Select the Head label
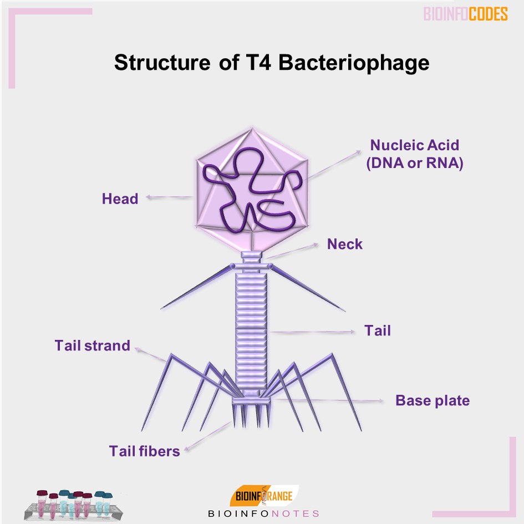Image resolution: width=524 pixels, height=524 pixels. pos(120,198)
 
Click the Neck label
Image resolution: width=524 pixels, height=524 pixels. pos(344,244)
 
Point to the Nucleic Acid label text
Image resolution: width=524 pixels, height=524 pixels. pos(415,145)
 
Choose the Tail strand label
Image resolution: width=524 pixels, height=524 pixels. pos(92,345)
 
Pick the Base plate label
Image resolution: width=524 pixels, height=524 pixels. pos(433,400)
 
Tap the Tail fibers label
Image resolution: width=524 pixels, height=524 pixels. pos(145,451)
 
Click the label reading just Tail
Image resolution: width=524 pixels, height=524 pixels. pos(378,330)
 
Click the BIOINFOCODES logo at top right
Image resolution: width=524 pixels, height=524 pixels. pos(466,14)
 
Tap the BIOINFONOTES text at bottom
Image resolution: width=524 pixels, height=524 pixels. pos(263,513)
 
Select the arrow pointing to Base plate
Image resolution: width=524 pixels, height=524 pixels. pos(333,400)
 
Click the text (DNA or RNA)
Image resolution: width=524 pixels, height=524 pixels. pos(415,164)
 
